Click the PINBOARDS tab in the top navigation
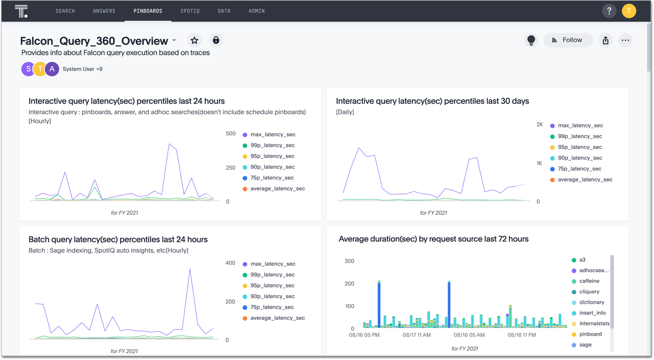point(147,11)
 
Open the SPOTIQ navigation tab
point(190,11)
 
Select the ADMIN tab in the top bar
point(257,11)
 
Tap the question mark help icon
point(609,11)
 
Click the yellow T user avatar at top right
point(629,11)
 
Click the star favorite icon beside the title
point(194,41)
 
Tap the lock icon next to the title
point(216,41)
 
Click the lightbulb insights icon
point(531,40)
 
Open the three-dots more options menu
point(625,40)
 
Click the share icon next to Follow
point(605,40)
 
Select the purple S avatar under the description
point(28,69)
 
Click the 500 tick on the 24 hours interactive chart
point(230,134)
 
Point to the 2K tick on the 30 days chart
point(539,125)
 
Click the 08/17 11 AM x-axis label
point(417,335)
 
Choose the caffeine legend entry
point(589,281)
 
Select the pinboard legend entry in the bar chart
point(590,334)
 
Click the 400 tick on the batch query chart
point(230,263)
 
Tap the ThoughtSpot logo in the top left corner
point(21,11)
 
